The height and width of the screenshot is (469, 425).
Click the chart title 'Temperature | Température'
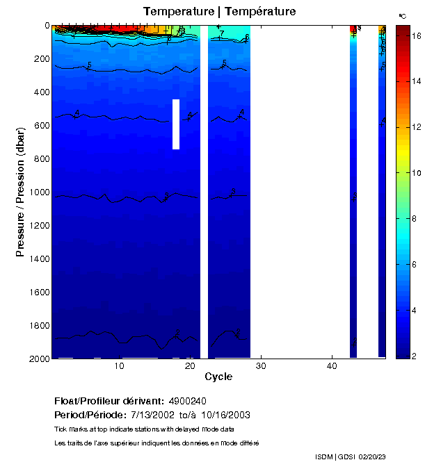click(x=219, y=12)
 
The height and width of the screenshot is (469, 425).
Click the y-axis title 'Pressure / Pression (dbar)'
click(x=20, y=192)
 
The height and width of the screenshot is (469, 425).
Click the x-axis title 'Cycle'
click(x=218, y=377)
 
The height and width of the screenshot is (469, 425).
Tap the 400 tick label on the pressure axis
click(x=37, y=92)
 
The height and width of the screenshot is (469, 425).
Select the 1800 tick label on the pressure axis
click(x=33, y=325)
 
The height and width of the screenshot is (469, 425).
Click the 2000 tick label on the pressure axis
click(x=33, y=359)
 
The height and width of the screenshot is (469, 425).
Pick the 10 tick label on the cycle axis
click(x=119, y=367)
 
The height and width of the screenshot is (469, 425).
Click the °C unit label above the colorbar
click(x=402, y=15)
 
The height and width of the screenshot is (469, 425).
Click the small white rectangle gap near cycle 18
click(x=176, y=124)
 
